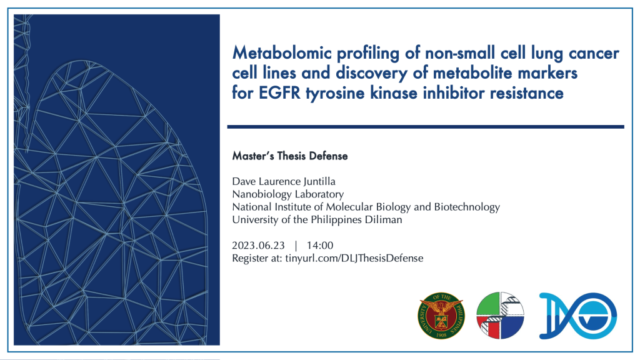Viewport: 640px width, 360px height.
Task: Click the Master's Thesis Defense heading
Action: click(290, 156)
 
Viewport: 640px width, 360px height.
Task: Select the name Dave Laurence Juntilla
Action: click(284, 182)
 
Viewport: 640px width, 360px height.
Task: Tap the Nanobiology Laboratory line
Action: click(287, 194)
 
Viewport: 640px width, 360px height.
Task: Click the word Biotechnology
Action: click(467, 207)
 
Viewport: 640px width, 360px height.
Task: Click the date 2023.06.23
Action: click(258, 245)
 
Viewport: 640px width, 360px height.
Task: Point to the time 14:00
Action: click(320, 245)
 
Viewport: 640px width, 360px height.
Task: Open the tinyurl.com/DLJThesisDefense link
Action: click(354, 258)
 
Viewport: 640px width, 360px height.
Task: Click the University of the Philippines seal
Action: click(441, 316)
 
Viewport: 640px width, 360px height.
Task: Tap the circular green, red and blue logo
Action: click(500, 316)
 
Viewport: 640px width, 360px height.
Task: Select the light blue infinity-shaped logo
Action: click(578, 316)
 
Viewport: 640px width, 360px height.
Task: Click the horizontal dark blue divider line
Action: click(426, 127)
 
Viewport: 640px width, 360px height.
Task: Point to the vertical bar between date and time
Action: click(296, 245)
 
